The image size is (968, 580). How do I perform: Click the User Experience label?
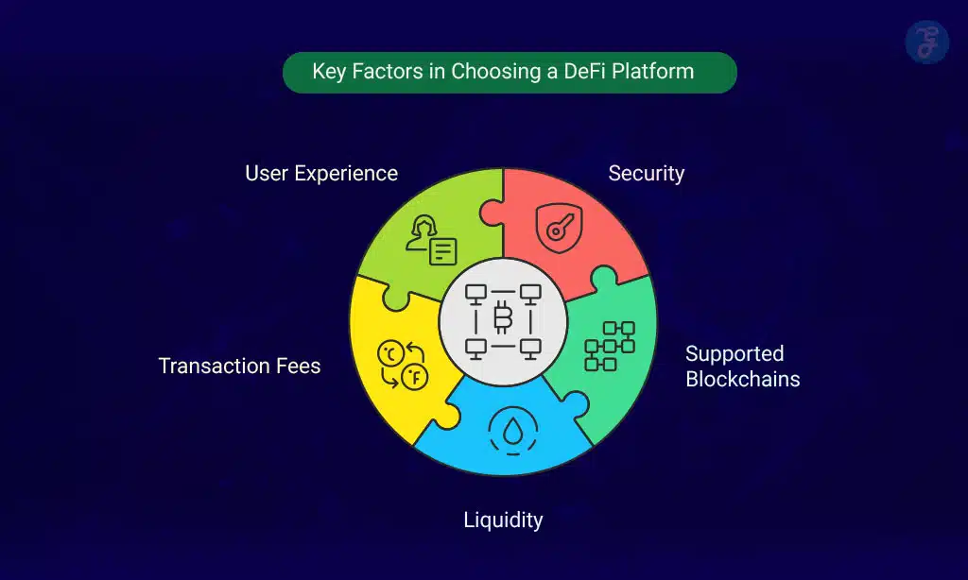321,174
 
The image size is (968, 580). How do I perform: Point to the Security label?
646,174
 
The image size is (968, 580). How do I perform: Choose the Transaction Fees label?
239,366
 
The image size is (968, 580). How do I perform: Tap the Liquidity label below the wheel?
503,520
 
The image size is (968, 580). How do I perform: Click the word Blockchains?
742,380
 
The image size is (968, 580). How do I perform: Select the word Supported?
735,354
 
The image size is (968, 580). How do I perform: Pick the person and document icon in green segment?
431,242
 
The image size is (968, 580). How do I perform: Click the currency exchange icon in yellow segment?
402,366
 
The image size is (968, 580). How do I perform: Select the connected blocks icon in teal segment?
610,346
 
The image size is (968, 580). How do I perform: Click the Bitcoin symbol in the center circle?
503,316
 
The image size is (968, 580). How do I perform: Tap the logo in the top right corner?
925,43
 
